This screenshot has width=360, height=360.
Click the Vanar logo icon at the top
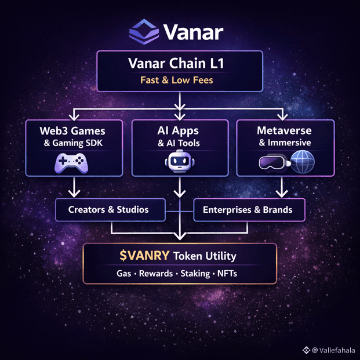(144, 32)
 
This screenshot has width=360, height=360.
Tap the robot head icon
(180, 162)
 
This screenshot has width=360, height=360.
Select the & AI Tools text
(180, 143)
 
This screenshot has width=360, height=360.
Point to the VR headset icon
(272, 163)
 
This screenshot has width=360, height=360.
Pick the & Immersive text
(285, 143)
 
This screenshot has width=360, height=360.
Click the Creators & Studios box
(108, 210)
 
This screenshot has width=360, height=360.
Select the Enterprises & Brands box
(248, 210)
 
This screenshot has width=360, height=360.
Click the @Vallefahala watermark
(332, 350)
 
